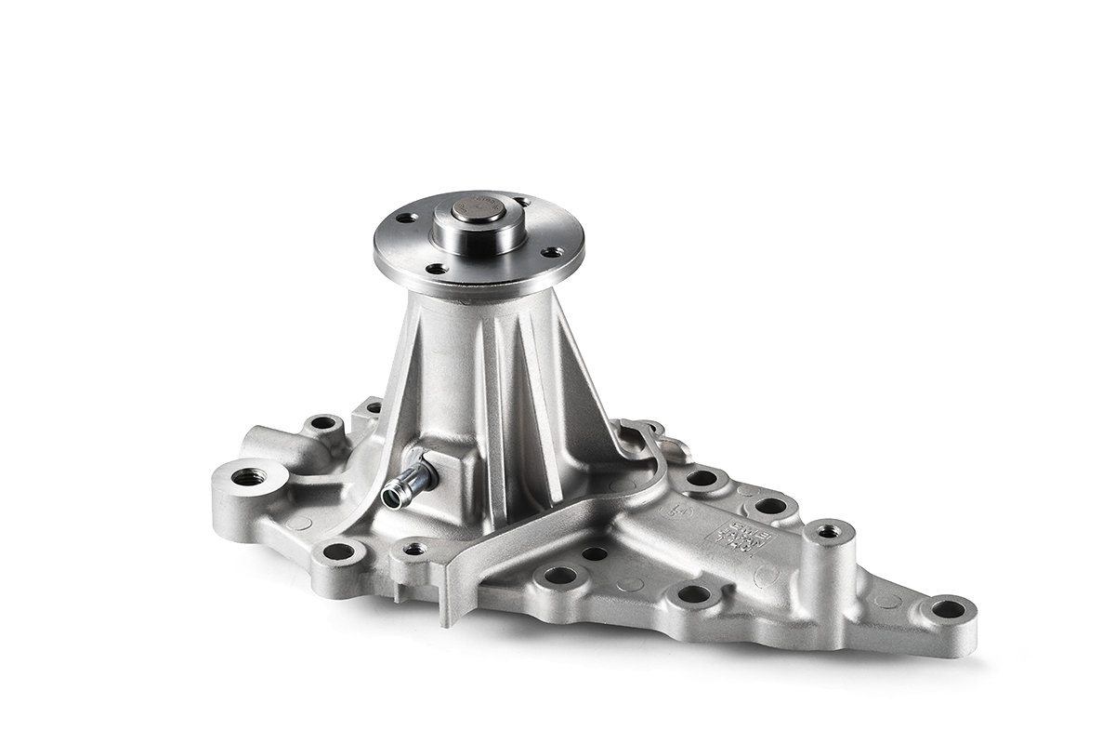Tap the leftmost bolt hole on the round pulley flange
tap(403, 219)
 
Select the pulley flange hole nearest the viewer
tap(434, 270)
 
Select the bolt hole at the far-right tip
tap(948, 610)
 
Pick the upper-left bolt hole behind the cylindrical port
tap(323, 423)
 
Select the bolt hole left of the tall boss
tap(770, 507)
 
